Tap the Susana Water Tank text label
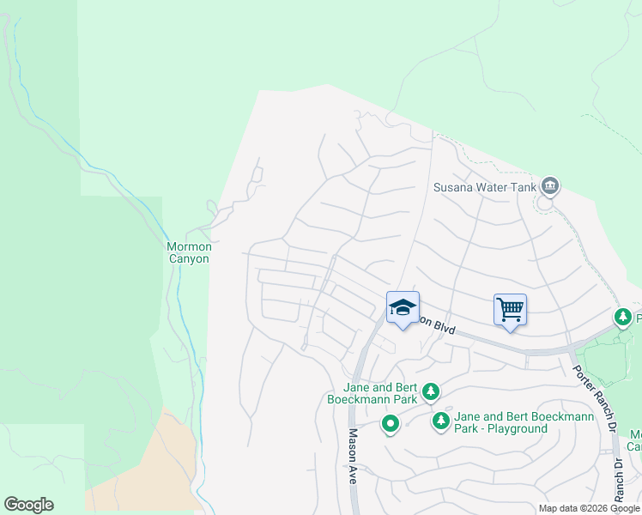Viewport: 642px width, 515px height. (x=485, y=186)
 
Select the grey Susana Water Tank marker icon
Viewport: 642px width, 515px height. (x=550, y=185)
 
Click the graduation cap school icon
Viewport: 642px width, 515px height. (x=402, y=308)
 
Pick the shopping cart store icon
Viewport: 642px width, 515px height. (x=510, y=308)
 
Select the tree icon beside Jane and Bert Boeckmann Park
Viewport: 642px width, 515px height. (x=431, y=392)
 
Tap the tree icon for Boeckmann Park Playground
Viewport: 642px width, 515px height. (x=441, y=421)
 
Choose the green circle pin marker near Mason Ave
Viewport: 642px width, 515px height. (x=391, y=423)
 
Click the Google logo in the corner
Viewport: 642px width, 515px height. (x=28, y=505)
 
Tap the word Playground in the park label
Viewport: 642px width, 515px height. (x=518, y=428)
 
